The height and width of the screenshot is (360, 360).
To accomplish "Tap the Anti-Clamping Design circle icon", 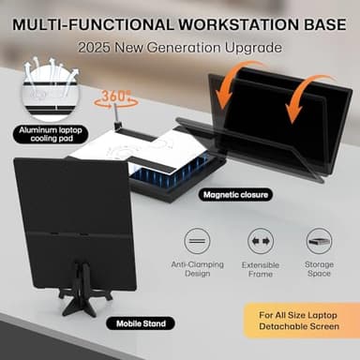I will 199,240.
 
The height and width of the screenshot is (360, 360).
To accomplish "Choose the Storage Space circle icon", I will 320,240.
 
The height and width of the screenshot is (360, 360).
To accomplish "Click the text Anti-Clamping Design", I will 199,271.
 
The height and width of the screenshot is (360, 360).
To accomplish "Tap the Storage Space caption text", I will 320,271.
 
